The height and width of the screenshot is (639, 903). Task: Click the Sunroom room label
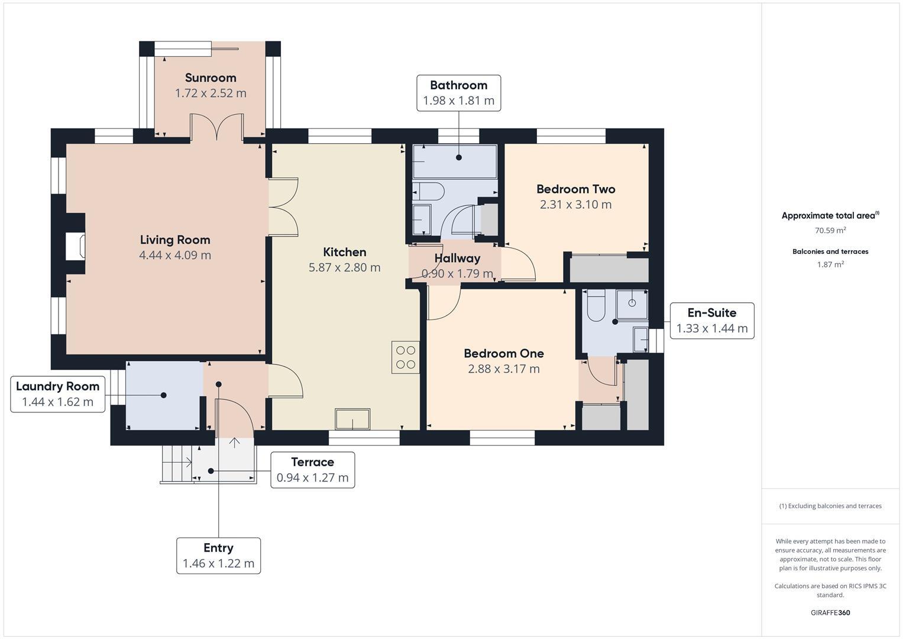point(211,78)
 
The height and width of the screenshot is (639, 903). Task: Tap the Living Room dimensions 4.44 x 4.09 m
point(175,255)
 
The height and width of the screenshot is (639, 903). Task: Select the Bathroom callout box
point(458,93)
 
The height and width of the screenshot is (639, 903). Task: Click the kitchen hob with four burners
point(405,357)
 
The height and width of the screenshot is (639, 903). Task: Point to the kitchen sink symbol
point(352,419)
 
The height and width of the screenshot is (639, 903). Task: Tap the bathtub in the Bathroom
point(454,162)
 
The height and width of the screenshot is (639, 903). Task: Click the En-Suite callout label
point(711,320)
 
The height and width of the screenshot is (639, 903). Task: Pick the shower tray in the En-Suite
point(632,303)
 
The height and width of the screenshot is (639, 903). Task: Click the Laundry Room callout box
point(57,394)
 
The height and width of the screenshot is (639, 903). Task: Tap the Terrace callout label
point(312,470)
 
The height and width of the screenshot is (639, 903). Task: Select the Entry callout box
point(218,556)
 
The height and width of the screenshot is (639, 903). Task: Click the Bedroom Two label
point(575,189)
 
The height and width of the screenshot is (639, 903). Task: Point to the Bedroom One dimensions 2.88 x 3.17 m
point(503,369)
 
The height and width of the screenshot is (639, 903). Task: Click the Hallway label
point(457,259)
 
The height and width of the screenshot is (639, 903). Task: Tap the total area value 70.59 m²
point(830,230)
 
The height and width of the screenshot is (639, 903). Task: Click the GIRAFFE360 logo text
point(830,612)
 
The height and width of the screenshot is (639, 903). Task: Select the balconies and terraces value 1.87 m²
point(830,264)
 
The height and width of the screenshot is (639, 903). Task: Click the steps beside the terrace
point(176,464)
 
